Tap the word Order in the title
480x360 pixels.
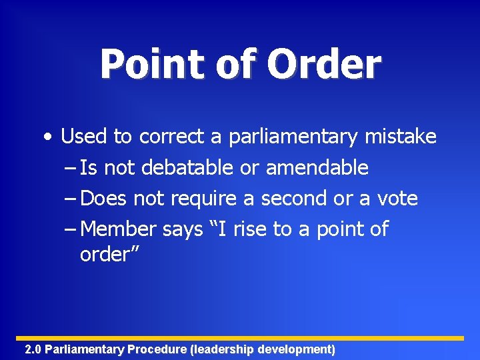pyautogui.click(x=325, y=65)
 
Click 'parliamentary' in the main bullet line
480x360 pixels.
pyautogui.click(x=294, y=137)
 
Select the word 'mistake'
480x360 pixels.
pyautogui.click(x=401, y=137)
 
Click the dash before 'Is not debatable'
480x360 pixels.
pyautogui.click(x=71, y=168)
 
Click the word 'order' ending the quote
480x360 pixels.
pyautogui.click(x=103, y=254)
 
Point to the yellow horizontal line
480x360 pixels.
pyautogui.click(x=240, y=338)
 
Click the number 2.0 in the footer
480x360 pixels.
pyautogui.click(x=33, y=349)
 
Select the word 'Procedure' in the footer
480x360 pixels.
pyautogui.click(x=157, y=349)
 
